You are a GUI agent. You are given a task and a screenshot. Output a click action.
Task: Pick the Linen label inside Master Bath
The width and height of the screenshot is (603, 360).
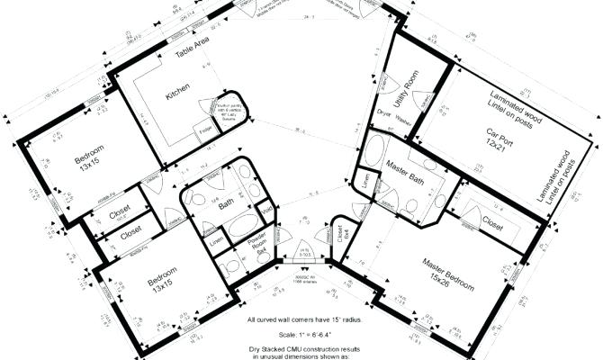[365, 181]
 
